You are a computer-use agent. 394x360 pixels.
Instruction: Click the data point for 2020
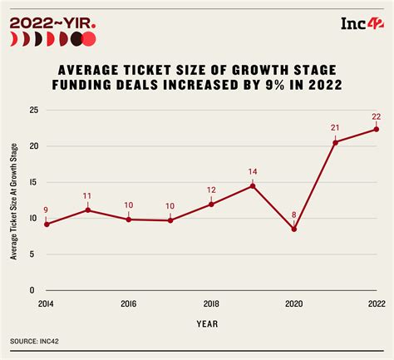293,229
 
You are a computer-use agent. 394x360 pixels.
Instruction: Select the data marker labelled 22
376,129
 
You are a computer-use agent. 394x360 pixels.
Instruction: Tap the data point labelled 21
335,142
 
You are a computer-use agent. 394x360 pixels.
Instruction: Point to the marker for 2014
47,224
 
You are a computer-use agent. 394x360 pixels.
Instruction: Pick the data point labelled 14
253,185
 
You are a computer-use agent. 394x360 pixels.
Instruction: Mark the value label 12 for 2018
211,189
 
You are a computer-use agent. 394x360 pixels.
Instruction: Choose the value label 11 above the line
88,195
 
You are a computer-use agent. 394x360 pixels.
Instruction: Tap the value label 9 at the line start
47,210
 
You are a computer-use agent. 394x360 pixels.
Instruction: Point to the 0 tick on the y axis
32,290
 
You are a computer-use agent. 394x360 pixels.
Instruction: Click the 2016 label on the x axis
129,303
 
